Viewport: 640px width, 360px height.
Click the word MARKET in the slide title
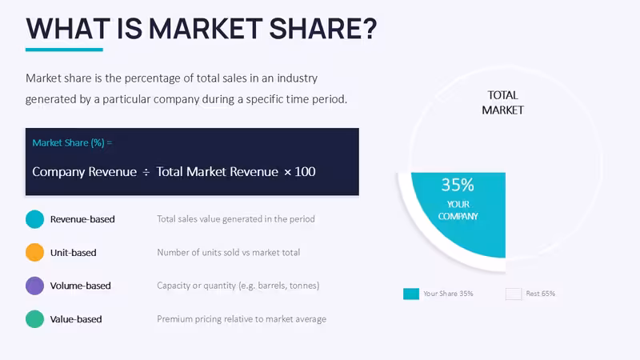(206, 29)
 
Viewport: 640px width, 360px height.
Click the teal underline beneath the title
(64, 50)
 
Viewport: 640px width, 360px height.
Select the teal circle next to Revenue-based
(34, 219)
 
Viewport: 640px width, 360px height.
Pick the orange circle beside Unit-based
(34, 252)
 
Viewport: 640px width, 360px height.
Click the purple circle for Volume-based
(34, 286)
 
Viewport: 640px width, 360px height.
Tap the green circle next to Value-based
(34, 319)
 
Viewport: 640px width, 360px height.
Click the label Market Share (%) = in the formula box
(72, 143)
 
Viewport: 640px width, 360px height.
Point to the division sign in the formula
(146, 172)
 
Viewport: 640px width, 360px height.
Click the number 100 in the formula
(305, 171)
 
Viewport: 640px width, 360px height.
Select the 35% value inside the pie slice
(458, 185)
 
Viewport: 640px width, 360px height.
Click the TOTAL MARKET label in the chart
(502, 102)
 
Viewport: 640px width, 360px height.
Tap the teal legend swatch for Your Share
(411, 294)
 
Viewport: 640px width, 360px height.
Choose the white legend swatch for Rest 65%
(514, 294)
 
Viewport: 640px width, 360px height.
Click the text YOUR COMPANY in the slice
(458, 210)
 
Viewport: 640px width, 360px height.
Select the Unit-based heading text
(73, 253)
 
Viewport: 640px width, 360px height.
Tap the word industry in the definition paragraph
(297, 78)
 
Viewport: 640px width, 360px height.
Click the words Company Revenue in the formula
(85, 172)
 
